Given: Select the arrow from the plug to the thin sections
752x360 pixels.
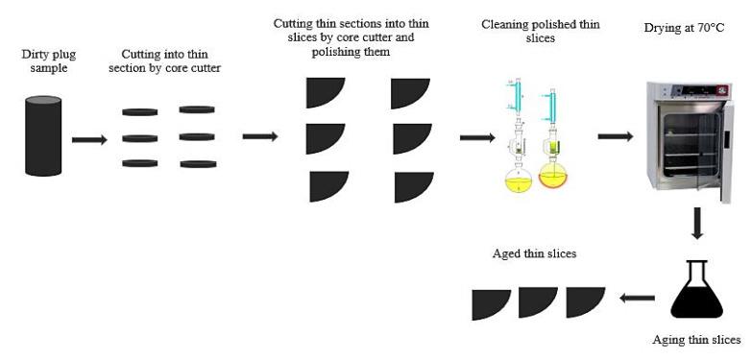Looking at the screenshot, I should pos(89,140).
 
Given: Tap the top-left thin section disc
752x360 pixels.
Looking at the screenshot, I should pos(139,112).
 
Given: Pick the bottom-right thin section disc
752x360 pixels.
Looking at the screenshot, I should pos(197,164).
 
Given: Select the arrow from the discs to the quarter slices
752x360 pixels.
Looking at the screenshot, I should pos(259,136).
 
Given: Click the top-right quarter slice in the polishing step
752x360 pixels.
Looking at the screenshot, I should pos(413,92).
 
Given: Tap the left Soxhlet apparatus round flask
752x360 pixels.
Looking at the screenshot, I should pos(519,179).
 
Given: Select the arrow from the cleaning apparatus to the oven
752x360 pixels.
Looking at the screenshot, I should pos(615,136).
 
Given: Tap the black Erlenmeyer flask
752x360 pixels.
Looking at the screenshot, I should pos(696,293).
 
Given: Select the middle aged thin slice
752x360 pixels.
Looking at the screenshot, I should pos(538,302).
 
